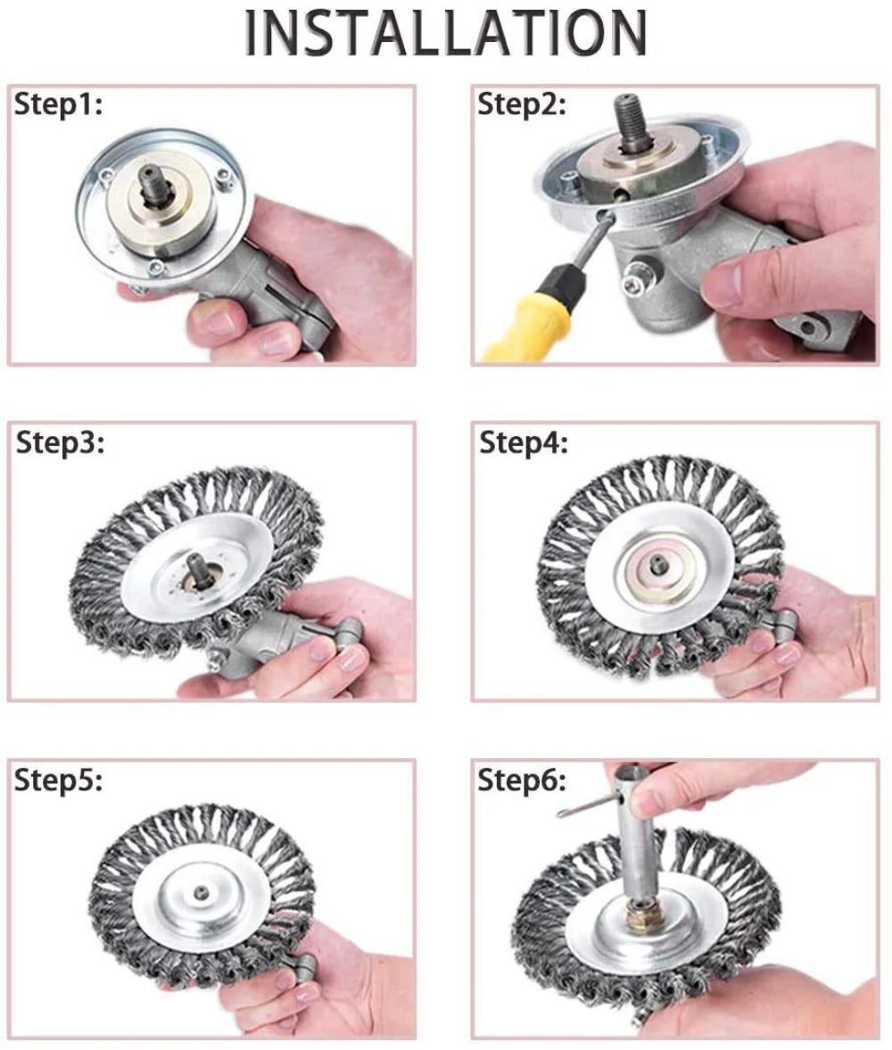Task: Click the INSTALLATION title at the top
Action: (x=445, y=34)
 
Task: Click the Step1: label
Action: (x=59, y=105)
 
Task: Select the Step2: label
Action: (x=522, y=105)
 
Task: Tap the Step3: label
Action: (x=61, y=442)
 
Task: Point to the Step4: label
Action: (x=524, y=442)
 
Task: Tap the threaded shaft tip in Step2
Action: (x=630, y=116)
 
